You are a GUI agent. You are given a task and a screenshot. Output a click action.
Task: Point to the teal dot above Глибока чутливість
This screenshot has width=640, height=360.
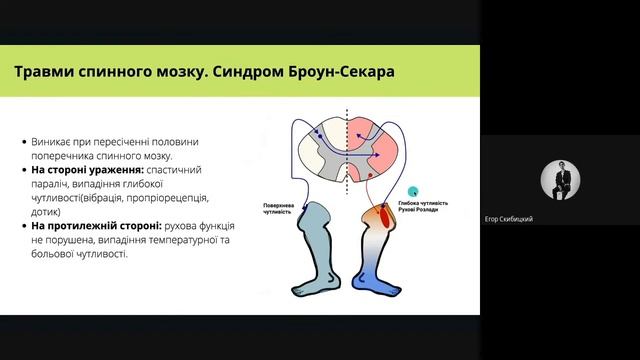pos(412,190)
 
